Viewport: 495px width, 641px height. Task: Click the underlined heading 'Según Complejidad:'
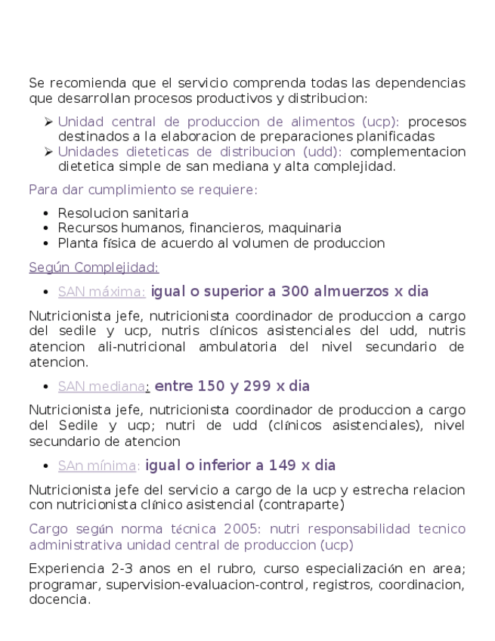[94, 268]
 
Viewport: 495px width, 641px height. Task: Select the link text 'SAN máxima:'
[101, 292]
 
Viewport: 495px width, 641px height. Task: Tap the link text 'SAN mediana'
[101, 386]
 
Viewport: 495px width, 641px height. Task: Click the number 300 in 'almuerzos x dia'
[295, 291]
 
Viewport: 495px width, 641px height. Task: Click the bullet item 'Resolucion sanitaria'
[123, 213]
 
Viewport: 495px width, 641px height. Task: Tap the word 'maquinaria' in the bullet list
[309, 228]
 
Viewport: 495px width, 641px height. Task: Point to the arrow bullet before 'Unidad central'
[48, 122]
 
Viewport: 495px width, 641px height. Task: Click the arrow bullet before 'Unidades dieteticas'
[48, 152]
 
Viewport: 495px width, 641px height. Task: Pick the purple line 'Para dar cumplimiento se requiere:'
[143, 190]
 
